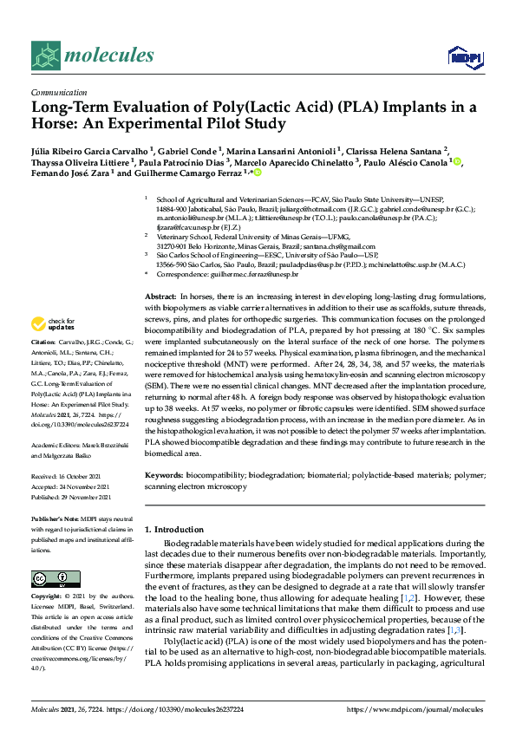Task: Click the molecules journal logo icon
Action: (x=48, y=56)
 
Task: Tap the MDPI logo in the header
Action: (x=463, y=58)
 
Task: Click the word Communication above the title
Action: (x=59, y=91)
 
